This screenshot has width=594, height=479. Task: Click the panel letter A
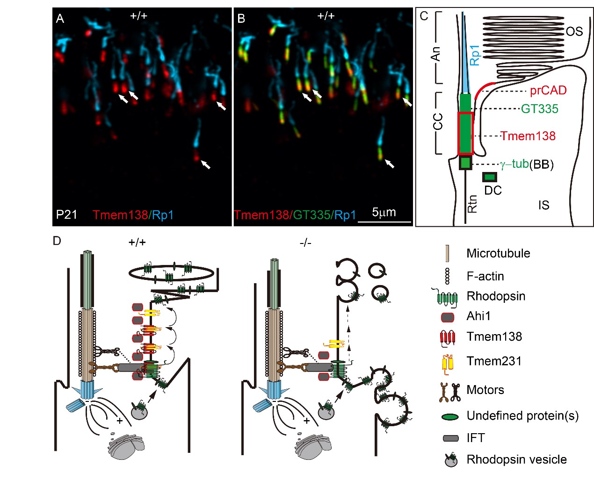[x=60, y=19]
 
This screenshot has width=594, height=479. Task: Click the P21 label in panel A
[x=66, y=214]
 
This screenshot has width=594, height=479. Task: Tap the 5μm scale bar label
[x=384, y=212]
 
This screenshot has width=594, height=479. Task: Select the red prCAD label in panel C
[x=548, y=90]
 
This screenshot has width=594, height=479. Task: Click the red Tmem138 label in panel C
[x=528, y=136]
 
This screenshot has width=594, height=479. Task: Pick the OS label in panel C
[x=574, y=31]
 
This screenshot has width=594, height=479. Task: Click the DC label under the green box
[x=493, y=190]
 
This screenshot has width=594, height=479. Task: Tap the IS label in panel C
[x=543, y=205]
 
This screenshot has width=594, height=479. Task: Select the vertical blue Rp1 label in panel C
[x=474, y=55]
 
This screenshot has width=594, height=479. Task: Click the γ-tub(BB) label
[x=527, y=164]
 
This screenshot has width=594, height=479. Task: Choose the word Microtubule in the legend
[x=498, y=253]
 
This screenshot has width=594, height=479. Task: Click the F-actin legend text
[x=485, y=276]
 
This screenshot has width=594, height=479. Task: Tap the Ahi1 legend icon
[x=448, y=317]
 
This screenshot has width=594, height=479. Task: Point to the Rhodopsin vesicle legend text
[x=516, y=459]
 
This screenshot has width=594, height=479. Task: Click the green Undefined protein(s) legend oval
[x=449, y=416]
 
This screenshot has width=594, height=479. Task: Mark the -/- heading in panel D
[x=305, y=243]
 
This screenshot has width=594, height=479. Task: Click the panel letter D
[x=57, y=241]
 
